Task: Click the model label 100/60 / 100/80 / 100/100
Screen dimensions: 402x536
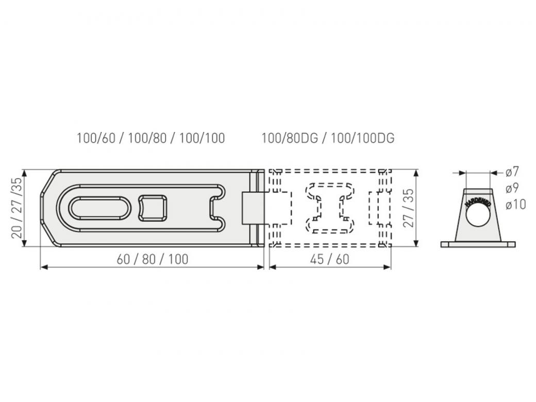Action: coord(150,139)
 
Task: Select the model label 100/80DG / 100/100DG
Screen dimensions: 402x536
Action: coord(328,139)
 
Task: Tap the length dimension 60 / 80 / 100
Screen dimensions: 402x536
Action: coord(153,259)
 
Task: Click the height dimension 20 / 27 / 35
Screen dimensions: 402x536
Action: coord(18,208)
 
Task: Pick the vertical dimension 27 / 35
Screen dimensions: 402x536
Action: coord(408,208)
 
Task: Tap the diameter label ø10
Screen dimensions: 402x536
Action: coord(515,205)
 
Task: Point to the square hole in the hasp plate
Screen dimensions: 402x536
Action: coord(153,208)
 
